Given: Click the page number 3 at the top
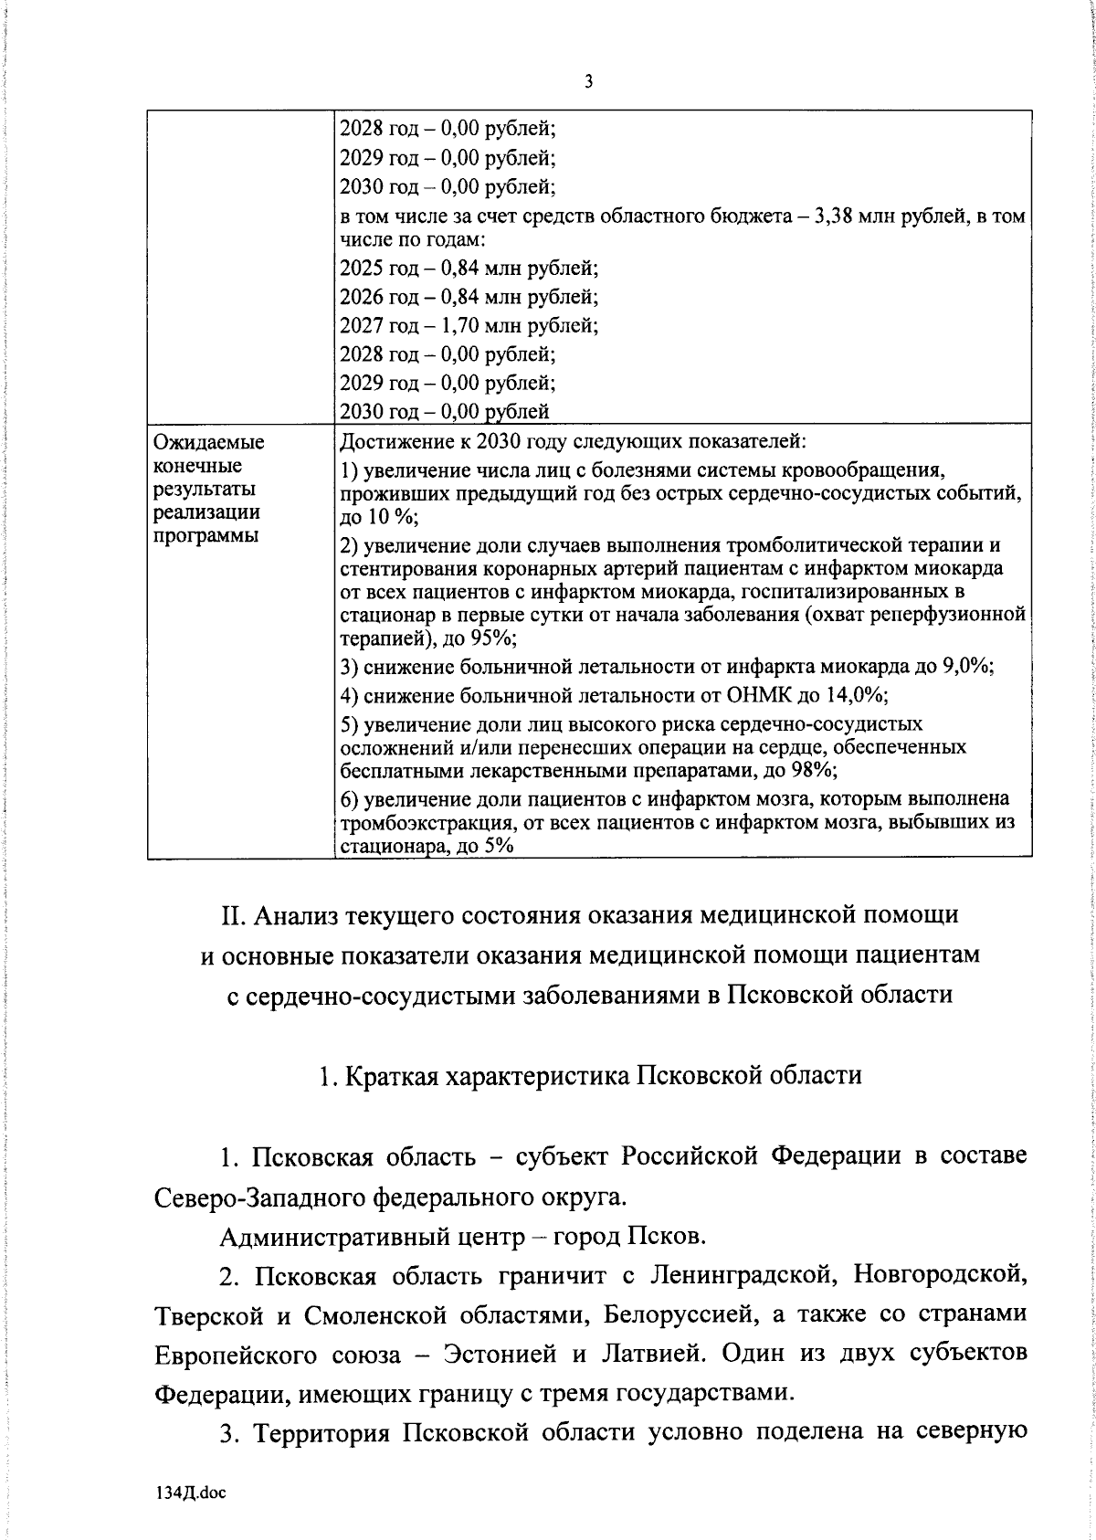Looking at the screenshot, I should pyautogui.click(x=588, y=82).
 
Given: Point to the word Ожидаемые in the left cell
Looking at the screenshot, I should pyautogui.click(x=209, y=443).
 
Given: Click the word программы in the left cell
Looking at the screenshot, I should pyautogui.click(x=205, y=534).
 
